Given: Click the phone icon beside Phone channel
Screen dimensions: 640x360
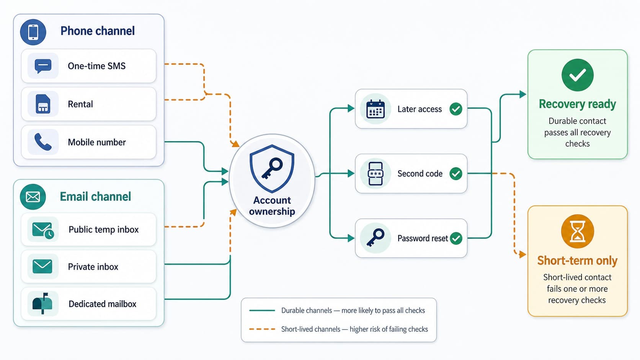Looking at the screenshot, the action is click(x=33, y=32).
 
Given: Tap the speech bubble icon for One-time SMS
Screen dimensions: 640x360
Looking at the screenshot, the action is click(x=43, y=66).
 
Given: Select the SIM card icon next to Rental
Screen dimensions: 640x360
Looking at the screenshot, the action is click(x=43, y=104).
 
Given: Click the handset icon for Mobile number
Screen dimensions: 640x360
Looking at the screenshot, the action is click(x=43, y=142).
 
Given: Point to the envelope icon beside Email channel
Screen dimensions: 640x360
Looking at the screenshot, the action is click(x=33, y=197).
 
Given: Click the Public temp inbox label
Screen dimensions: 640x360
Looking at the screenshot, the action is click(x=103, y=230).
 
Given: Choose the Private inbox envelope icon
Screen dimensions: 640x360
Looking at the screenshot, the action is click(x=42, y=266).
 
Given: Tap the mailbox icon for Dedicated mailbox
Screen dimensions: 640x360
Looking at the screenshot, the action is click(x=42, y=303).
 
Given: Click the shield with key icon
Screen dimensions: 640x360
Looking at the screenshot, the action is click(x=272, y=168).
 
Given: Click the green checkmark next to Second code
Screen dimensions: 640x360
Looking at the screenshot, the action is click(x=456, y=174).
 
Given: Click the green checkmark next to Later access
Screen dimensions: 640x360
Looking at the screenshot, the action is click(x=456, y=109).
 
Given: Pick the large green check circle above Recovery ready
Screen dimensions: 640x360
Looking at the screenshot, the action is click(x=578, y=75).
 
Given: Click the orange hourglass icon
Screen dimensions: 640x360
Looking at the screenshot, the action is click(x=578, y=231).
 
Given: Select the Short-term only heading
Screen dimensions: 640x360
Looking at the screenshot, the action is click(x=577, y=261).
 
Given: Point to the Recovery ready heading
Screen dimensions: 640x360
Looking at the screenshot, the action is click(x=577, y=104).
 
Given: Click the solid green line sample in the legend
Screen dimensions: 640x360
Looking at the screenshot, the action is click(x=262, y=310).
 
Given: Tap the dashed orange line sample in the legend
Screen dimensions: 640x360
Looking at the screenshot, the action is click(x=262, y=329).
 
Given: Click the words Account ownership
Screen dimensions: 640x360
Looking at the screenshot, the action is click(x=272, y=206).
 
